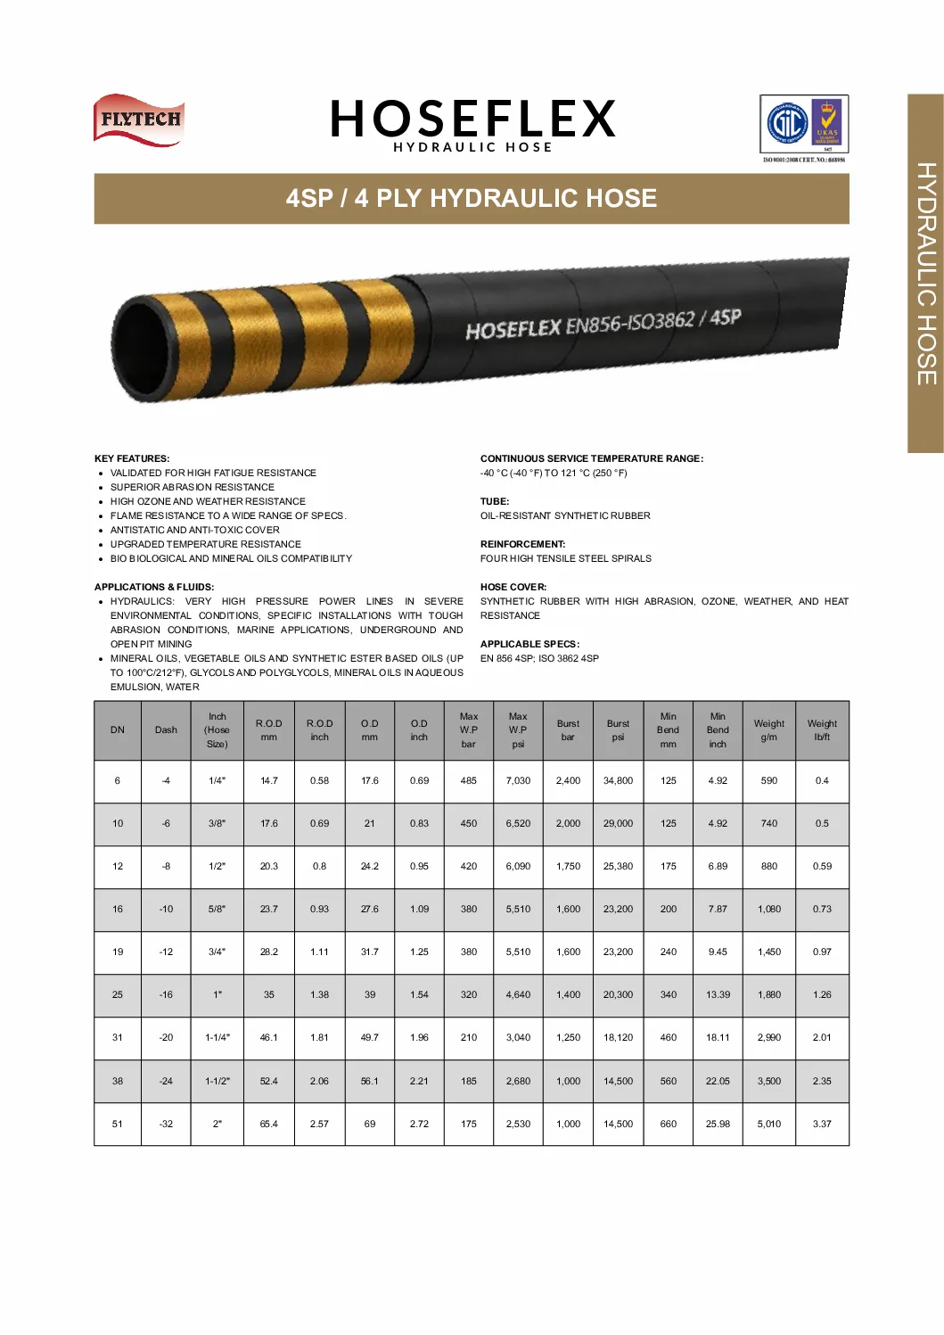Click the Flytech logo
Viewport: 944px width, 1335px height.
139,119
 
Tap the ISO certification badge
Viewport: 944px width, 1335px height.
803,126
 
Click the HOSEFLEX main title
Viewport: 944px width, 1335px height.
472,119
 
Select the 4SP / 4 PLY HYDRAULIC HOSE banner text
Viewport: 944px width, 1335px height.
472,198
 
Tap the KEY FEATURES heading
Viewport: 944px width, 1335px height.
132,458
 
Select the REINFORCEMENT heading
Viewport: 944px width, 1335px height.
522,544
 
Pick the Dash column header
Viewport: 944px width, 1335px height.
166,730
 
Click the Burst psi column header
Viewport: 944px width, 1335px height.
618,730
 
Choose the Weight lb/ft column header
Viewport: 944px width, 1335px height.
822,730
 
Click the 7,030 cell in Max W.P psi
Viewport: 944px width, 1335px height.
518,781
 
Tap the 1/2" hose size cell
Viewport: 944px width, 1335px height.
217,867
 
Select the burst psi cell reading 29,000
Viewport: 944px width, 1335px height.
618,824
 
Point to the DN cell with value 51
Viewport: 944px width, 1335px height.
118,1125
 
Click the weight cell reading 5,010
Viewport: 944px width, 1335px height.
768,1125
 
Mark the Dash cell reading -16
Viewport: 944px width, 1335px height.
166,995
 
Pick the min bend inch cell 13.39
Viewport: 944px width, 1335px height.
718,995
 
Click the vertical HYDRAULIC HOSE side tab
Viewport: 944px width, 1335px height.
926,274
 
